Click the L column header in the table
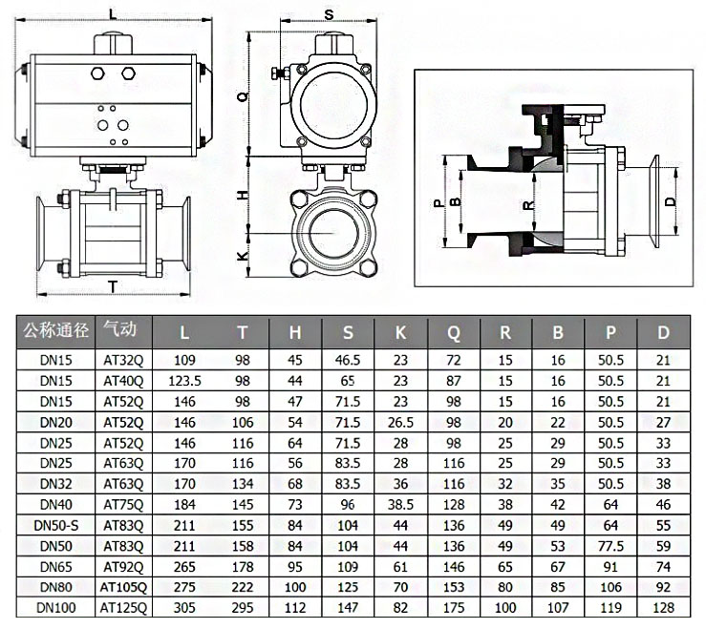click(184, 332)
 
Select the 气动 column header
click(121, 331)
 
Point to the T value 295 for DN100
click(243, 607)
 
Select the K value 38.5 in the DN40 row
click(400, 503)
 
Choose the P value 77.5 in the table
click(609, 545)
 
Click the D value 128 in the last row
click(665, 607)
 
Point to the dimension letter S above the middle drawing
click(329, 14)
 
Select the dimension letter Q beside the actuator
click(242, 96)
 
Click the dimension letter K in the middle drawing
click(242, 256)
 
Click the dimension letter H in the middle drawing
click(242, 194)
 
